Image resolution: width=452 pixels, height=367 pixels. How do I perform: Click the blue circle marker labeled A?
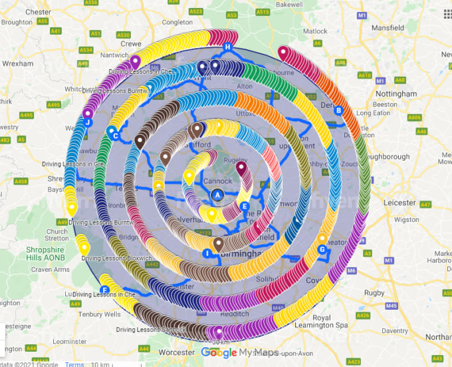click(217, 194)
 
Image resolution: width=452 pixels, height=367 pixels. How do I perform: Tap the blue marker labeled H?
click(227, 47)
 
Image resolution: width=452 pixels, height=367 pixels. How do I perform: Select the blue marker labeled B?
click(338, 111)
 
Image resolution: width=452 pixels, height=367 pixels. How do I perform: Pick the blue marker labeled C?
click(115, 137)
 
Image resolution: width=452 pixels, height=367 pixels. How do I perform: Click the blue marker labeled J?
click(87, 122)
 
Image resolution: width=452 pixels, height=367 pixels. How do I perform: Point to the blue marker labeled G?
click(322, 250)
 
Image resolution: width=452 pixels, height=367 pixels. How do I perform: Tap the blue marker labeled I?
click(207, 253)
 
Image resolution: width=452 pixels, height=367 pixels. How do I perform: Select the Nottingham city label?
click(395, 94)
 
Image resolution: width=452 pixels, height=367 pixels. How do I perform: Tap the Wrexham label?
click(17, 64)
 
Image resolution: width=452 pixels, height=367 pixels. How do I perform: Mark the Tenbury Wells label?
click(98, 314)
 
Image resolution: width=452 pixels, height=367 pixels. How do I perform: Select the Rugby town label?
click(374, 292)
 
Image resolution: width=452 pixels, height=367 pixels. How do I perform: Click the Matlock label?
click(315, 31)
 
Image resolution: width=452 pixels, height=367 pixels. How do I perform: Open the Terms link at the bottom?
click(74, 364)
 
